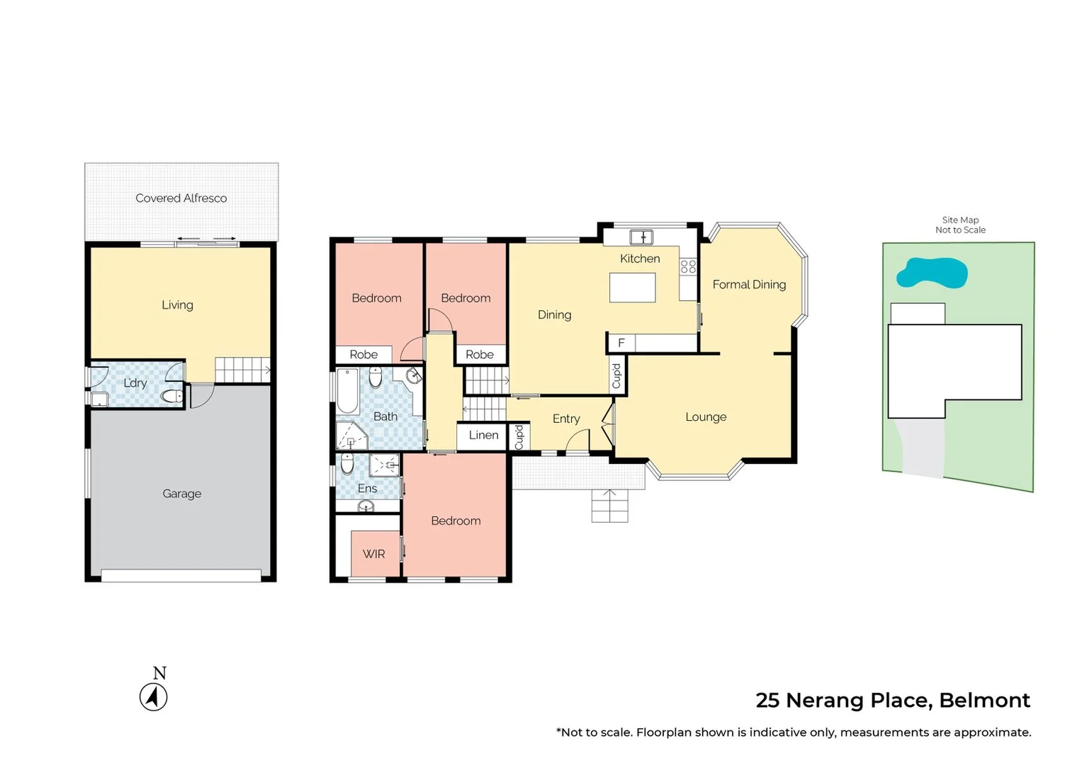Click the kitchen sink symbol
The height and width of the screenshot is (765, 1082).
tap(641, 237)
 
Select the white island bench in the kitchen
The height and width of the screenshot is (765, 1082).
tap(632, 288)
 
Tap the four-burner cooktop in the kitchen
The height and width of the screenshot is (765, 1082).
tap(688, 266)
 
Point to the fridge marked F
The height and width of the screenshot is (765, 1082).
tap(621, 344)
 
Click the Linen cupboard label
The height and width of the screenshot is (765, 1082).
tap(483, 436)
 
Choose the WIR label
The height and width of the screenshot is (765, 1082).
tap(373, 554)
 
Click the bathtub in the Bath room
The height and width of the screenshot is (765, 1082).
tap(347, 391)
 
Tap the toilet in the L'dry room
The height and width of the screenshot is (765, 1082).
tap(171, 396)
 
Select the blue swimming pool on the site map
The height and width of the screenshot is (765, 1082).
tap(931, 273)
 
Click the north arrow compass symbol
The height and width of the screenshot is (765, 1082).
tap(154, 697)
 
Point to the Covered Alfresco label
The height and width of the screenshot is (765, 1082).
tap(181, 198)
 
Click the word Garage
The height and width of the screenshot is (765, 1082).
tap(182, 494)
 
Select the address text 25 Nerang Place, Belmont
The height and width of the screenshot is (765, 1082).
tap(892, 701)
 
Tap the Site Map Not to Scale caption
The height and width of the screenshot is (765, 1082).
tap(960, 225)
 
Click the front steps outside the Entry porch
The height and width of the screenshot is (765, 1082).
tap(609, 506)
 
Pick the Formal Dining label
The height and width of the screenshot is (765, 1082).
tap(749, 285)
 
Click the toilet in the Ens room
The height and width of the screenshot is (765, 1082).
tap(347, 465)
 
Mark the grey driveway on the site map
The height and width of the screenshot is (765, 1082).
tap(922, 449)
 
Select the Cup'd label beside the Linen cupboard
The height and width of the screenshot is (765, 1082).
tap(519, 437)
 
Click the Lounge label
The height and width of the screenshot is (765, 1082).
tap(706, 417)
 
